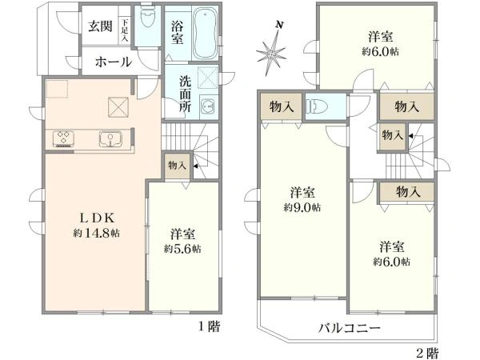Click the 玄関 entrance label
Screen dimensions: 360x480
click(x=100, y=24)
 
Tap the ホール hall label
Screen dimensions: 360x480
click(x=113, y=62)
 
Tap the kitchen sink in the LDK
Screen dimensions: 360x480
click(x=110, y=139)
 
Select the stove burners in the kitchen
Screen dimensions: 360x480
click(x=63, y=139)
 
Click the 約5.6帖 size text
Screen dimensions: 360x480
click(x=182, y=249)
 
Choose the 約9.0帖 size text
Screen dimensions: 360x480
click(x=302, y=207)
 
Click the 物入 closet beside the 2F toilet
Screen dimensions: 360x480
click(x=281, y=106)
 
